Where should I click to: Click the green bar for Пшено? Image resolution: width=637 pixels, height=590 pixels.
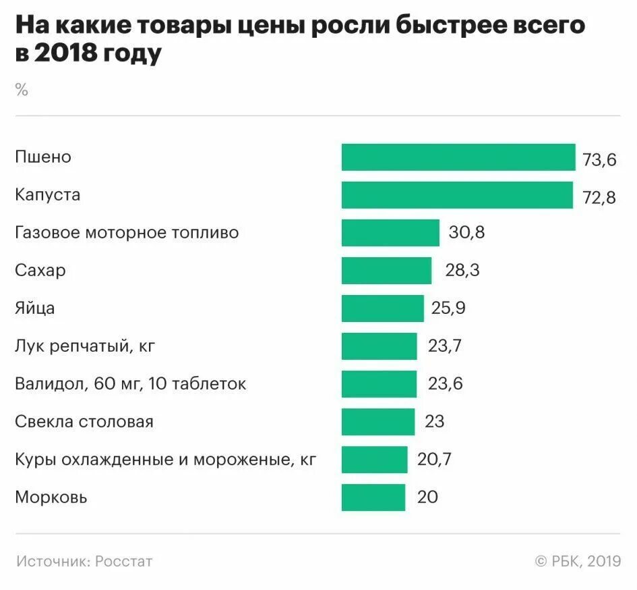(458, 157)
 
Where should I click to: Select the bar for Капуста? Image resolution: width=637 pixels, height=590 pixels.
(457, 195)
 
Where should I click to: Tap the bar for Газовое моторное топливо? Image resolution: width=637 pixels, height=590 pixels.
(390, 233)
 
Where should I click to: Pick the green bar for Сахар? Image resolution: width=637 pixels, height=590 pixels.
(386, 271)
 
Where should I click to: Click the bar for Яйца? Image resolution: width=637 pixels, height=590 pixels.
(383, 309)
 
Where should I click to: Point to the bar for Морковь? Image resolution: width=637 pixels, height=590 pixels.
(373, 498)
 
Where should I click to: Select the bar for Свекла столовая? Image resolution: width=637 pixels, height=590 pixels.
(378, 422)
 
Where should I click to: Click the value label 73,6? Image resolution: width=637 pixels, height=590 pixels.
(599, 160)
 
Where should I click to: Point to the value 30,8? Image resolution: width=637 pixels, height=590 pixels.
(466, 234)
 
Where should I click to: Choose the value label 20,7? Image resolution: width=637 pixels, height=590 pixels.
(434, 460)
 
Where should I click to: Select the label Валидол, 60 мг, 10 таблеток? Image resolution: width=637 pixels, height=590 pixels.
(130, 385)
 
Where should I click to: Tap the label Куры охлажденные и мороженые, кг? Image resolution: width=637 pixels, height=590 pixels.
(165, 460)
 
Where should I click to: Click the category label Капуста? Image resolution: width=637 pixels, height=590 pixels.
(47, 195)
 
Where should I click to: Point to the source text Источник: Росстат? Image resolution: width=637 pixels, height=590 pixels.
(84, 561)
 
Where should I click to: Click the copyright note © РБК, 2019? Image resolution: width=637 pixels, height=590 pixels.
(578, 561)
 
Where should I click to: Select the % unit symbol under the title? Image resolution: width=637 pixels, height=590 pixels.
(22, 90)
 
